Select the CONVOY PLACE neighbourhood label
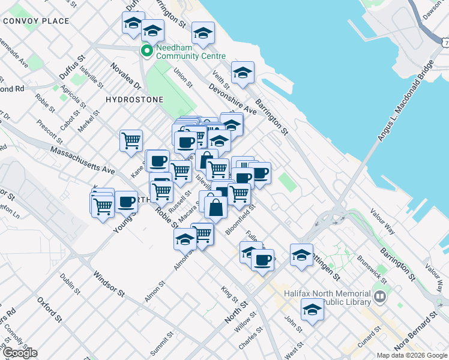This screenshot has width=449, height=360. [x=36, y=21]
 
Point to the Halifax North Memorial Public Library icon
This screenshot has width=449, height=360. [x=379, y=296]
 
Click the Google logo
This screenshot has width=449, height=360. [x=20, y=353]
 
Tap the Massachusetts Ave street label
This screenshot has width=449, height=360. [x=82, y=160]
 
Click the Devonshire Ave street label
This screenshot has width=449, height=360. [x=232, y=100]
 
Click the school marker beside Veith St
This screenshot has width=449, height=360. [x=243, y=73]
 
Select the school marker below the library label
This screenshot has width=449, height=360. [x=312, y=311]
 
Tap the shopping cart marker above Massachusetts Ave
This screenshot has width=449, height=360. [x=131, y=141]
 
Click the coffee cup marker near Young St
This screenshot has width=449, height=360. [x=126, y=202]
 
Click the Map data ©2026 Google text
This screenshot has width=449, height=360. [x=412, y=355]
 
